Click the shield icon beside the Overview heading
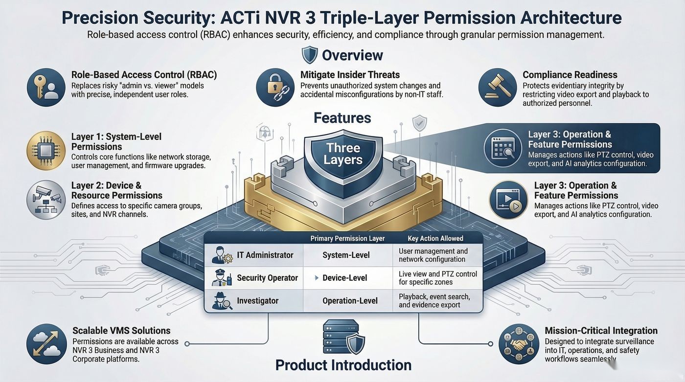pos(309,55)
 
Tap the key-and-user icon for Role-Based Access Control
pos(46,87)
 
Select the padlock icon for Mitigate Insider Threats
pos(275,87)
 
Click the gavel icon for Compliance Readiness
pos(498,87)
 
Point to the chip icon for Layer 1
pos(46,151)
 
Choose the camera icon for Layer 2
pos(46,200)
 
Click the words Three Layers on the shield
pos(343,154)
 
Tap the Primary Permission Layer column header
pos(347,238)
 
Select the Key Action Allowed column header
pos(435,238)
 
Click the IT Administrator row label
pos(265,255)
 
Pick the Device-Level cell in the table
pos(344,278)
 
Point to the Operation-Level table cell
pos(350,301)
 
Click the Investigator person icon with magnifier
pos(222,301)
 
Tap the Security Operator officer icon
pos(222,278)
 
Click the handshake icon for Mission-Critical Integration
pos(519,344)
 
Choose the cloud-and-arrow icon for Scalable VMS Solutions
pos(46,344)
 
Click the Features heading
pos(342,118)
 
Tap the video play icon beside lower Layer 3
pos(508,200)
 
